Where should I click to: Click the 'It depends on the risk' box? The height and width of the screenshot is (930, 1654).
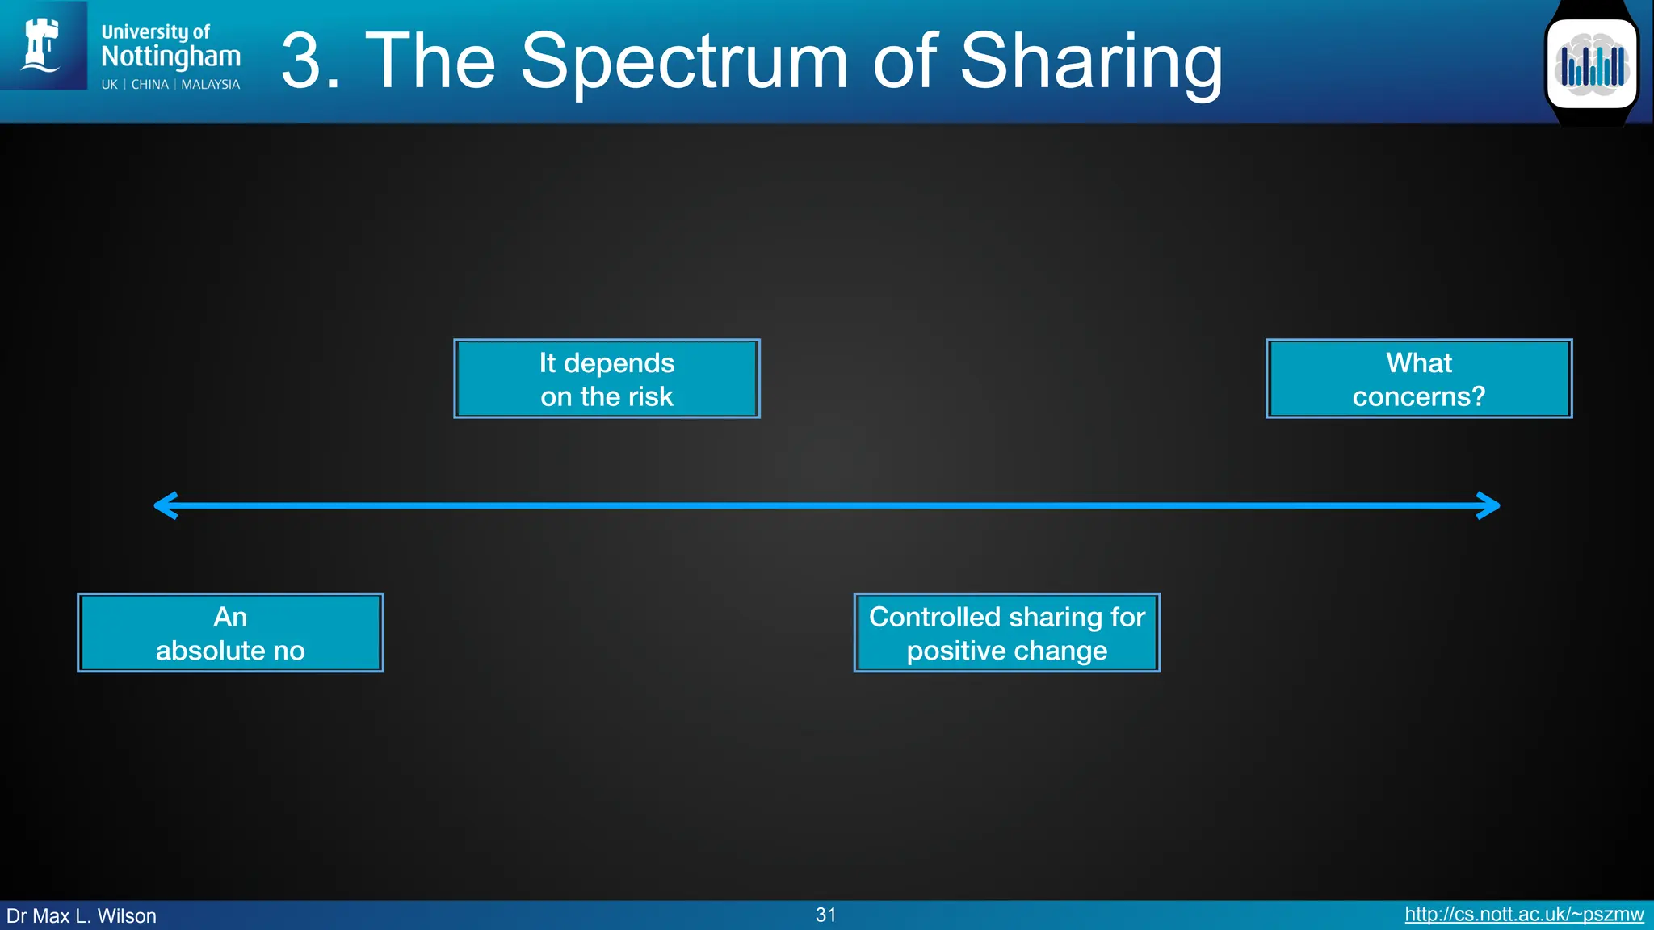pos(607,379)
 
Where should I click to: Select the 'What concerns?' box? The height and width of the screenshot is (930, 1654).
pos(1418,379)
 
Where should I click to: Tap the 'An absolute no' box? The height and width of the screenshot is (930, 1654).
pos(230,633)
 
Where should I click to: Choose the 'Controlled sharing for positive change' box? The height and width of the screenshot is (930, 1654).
pos(1006,633)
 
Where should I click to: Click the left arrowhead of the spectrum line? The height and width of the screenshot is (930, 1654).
pos(165,506)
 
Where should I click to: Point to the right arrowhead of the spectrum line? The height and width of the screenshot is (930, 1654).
pos(1489,506)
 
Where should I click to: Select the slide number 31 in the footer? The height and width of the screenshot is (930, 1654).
pos(825,915)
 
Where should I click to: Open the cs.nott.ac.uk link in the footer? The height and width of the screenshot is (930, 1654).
pos(1524,914)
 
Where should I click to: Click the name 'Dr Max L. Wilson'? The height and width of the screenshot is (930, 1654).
pos(82,915)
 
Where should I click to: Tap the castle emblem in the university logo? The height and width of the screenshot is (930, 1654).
pos(41,45)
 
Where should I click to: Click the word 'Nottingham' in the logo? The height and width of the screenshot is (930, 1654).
pos(170,57)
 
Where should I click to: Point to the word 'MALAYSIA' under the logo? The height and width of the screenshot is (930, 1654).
pos(210,85)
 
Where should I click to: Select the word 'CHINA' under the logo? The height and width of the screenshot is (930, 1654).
pos(150,85)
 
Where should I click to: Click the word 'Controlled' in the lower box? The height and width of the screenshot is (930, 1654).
pos(934,617)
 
